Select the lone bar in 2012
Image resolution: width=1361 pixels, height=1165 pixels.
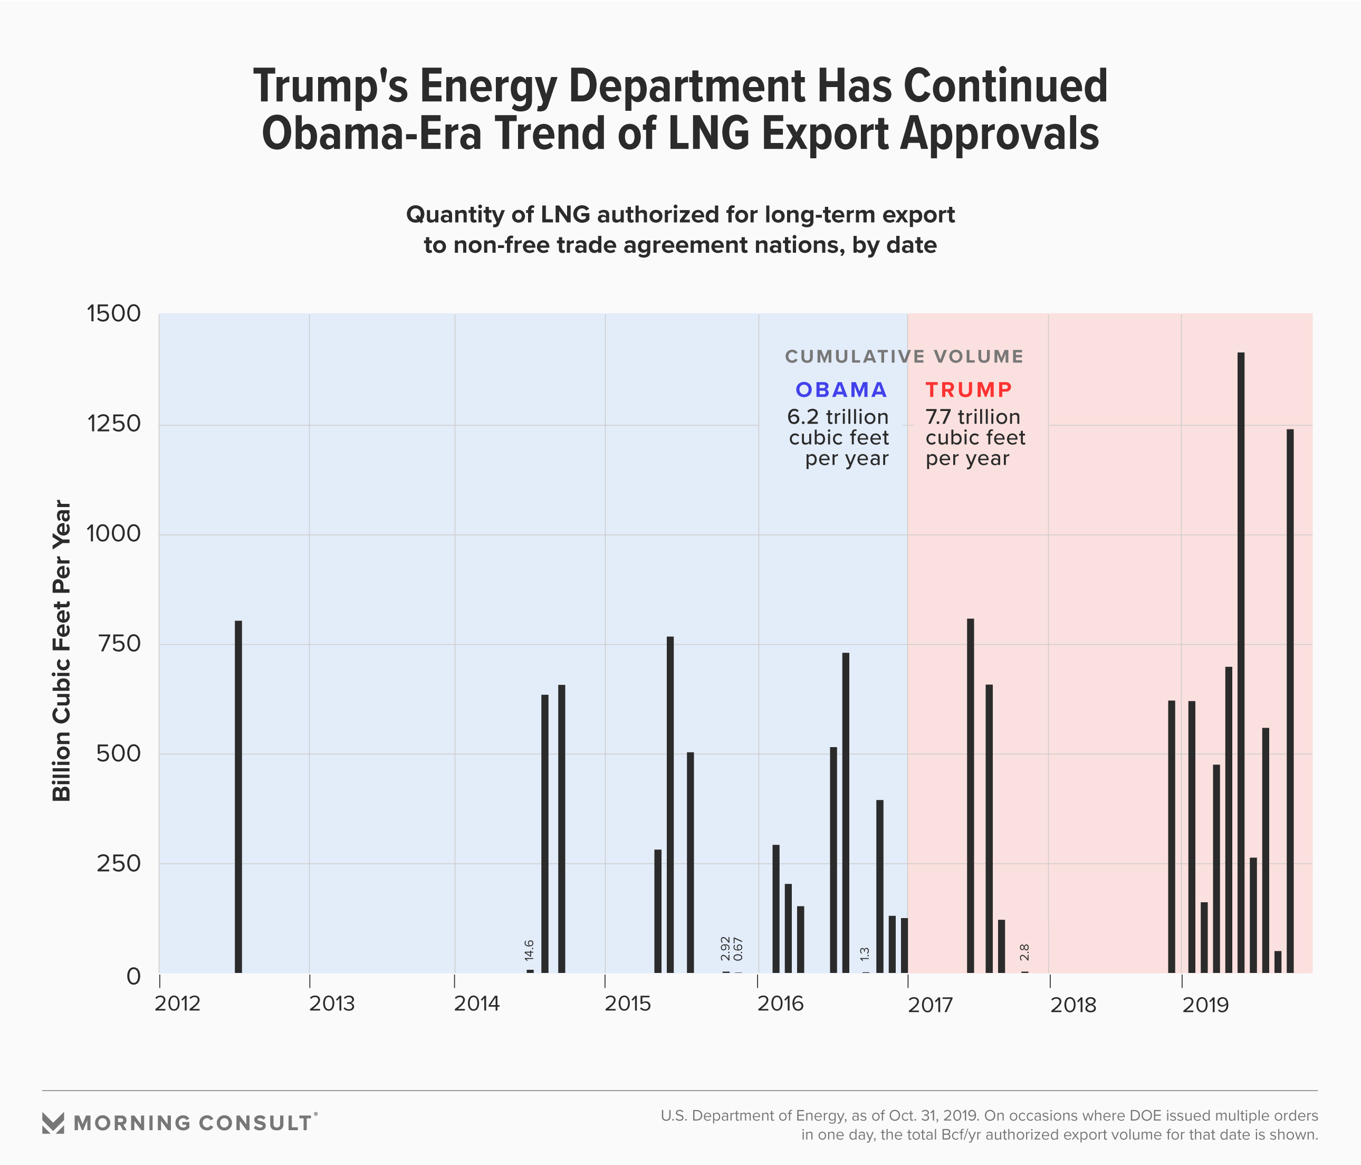(x=238, y=796)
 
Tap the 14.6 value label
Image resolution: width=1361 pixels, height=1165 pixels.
(x=530, y=951)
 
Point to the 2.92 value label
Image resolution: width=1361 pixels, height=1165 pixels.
(x=725, y=948)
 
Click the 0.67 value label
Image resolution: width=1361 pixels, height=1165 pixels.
(x=739, y=950)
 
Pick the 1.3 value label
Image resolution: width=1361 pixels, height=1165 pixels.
(x=865, y=954)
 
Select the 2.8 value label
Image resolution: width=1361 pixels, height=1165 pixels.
(x=1024, y=952)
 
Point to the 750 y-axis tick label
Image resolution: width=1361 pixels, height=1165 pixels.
(x=119, y=644)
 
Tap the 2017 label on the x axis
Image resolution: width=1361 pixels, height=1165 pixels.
(x=930, y=1005)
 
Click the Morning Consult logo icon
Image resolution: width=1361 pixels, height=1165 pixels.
(x=53, y=1123)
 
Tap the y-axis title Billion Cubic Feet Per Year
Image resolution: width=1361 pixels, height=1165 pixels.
(x=62, y=651)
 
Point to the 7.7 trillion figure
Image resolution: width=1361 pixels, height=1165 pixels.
(x=973, y=417)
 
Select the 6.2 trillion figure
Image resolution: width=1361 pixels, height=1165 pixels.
(x=838, y=417)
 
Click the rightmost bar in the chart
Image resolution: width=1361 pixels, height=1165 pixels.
(x=1290, y=701)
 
